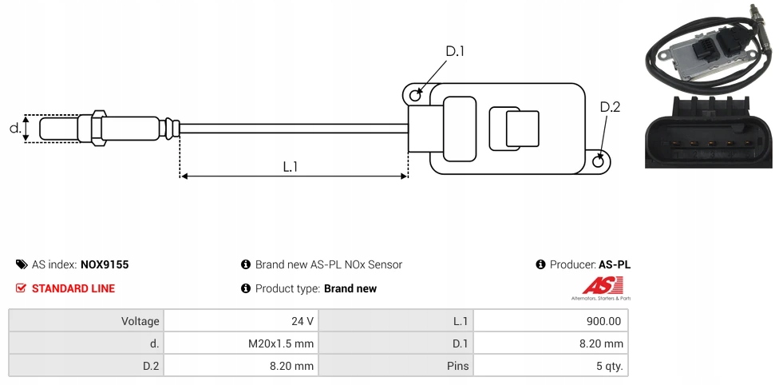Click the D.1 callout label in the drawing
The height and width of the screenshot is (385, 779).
point(455,52)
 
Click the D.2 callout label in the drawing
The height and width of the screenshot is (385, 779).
point(609,108)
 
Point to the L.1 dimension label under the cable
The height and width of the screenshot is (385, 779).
point(290,167)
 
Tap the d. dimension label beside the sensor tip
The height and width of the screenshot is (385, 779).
point(14,128)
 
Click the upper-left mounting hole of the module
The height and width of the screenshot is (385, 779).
point(415,96)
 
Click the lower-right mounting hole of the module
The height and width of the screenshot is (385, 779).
point(599,161)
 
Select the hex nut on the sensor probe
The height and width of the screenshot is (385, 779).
point(98,128)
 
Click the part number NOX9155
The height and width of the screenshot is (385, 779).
point(105,264)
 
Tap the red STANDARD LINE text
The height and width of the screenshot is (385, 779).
point(73,288)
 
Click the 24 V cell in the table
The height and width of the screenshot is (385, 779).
point(303,321)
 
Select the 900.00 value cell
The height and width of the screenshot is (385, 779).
point(603,321)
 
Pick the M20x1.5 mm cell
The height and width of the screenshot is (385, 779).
point(281,343)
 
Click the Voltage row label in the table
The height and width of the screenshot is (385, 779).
point(140,321)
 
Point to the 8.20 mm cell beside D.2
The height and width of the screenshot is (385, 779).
point(292,366)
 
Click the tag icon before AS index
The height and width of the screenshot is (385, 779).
point(21,264)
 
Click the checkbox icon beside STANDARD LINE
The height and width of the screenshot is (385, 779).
point(21,288)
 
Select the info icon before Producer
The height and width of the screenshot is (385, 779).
point(541,264)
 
